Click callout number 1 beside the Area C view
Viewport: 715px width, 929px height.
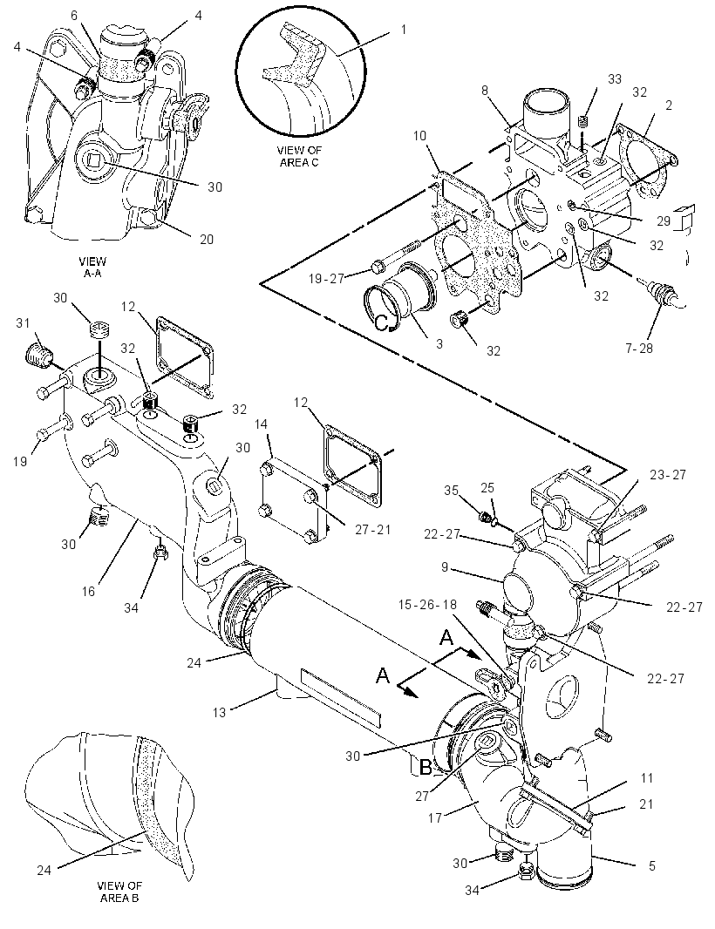pos(404,29)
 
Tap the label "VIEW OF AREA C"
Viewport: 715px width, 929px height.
pos(299,156)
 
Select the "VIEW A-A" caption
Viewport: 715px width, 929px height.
pos(92,268)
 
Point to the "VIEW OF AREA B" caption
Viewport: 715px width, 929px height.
pos(119,891)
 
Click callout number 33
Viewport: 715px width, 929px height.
pos(614,78)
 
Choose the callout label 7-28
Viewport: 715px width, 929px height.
pos(638,348)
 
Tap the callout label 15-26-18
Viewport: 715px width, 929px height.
pos(427,604)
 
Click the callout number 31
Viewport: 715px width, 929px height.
pos(23,323)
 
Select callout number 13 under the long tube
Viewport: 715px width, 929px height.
pos(220,711)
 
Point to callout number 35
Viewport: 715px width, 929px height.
pos(451,490)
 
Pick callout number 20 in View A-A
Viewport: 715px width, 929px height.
pos(206,239)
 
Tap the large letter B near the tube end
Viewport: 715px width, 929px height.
pos(426,767)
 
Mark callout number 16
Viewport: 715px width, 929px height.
pos(88,591)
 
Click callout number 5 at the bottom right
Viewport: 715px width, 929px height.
pos(652,865)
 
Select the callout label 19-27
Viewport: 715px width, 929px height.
pos(327,278)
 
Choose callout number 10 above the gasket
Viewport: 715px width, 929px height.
pos(419,136)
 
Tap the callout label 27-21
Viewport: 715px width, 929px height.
pos(373,529)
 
